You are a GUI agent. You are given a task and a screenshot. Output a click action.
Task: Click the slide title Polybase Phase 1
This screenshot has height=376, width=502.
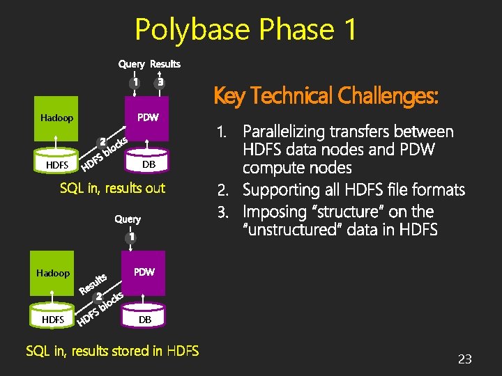click(245, 29)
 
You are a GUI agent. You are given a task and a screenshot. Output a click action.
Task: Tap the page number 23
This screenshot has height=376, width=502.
click(464, 359)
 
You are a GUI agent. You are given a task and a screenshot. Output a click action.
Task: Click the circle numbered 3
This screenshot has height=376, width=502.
click(160, 82)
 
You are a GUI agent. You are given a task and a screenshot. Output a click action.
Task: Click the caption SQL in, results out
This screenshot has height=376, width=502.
click(112, 188)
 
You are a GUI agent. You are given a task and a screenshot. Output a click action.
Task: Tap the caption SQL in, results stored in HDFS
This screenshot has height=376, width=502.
click(112, 351)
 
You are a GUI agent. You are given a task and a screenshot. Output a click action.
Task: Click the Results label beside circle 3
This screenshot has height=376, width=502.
click(165, 64)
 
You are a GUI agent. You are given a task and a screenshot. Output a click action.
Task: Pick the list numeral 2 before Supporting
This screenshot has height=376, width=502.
click(222, 189)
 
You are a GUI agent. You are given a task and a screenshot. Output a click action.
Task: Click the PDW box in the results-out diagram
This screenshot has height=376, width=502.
click(147, 118)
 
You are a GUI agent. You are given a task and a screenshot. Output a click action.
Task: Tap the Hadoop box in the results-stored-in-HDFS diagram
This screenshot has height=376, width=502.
click(53, 273)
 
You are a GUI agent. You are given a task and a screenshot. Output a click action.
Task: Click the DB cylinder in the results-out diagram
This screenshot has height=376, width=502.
click(147, 164)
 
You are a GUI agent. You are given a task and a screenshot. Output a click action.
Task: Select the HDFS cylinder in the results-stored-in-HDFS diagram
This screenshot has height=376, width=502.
click(53, 320)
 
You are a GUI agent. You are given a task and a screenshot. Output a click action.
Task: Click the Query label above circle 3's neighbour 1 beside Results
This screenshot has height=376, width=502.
click(131, 64)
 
